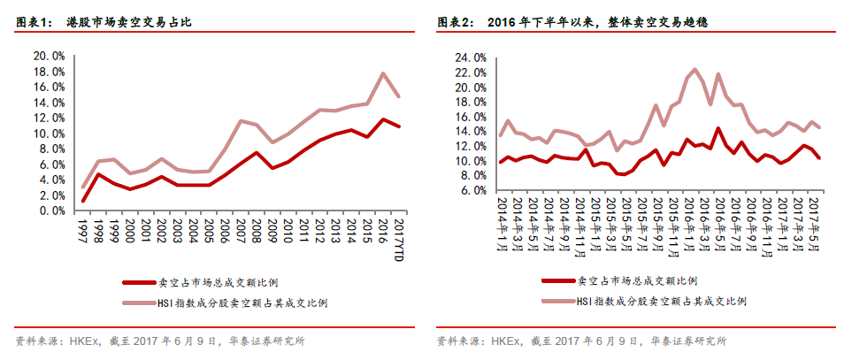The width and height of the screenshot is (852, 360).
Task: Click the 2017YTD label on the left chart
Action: [x=400, y=240]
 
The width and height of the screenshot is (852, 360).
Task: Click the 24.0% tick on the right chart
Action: [x=470, y=58]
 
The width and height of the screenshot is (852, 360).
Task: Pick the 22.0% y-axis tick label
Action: [x=470, y=73]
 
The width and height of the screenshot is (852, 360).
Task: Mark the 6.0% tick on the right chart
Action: [x=472, y=190]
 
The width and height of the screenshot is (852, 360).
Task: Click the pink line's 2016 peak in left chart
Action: [x=382, y=73]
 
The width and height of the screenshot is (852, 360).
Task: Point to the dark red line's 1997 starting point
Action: [x=83, y=201]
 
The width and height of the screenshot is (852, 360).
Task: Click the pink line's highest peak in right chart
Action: [x=694, y=69]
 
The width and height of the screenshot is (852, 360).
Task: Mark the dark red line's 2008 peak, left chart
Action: [x=256, y=152]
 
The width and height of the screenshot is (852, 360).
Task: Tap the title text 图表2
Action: [x=456, y=21]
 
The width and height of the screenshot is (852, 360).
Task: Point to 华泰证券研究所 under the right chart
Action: [x=687, y=341]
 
